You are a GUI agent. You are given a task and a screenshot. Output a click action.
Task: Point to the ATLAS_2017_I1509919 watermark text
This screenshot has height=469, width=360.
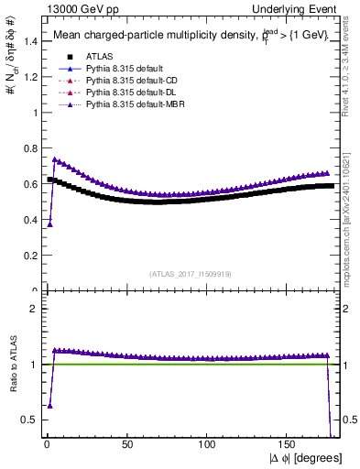click(191, 273)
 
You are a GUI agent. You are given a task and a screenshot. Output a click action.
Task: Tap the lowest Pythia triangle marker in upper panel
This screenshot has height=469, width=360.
click(49, 224)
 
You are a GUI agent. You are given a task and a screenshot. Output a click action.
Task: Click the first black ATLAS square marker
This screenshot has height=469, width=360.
click(49, 180)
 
